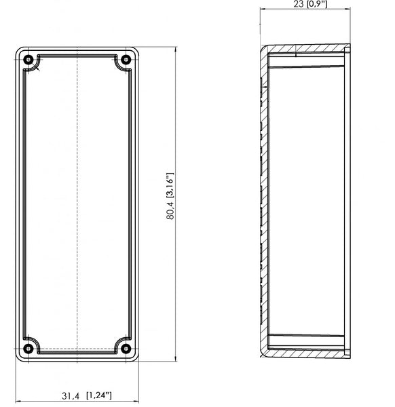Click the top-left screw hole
coord(28,60)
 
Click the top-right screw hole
coord(126,60)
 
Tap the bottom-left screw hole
coord(28,349)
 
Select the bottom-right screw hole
coord(126,349)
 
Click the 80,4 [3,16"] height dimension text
coord(170,196)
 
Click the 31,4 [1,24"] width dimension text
coord(87,395)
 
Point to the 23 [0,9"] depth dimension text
coord(311,4)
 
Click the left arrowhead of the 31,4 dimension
coord(19,402)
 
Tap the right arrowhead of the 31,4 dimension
coord(136,402)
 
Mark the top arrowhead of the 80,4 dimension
coord(176,50)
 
